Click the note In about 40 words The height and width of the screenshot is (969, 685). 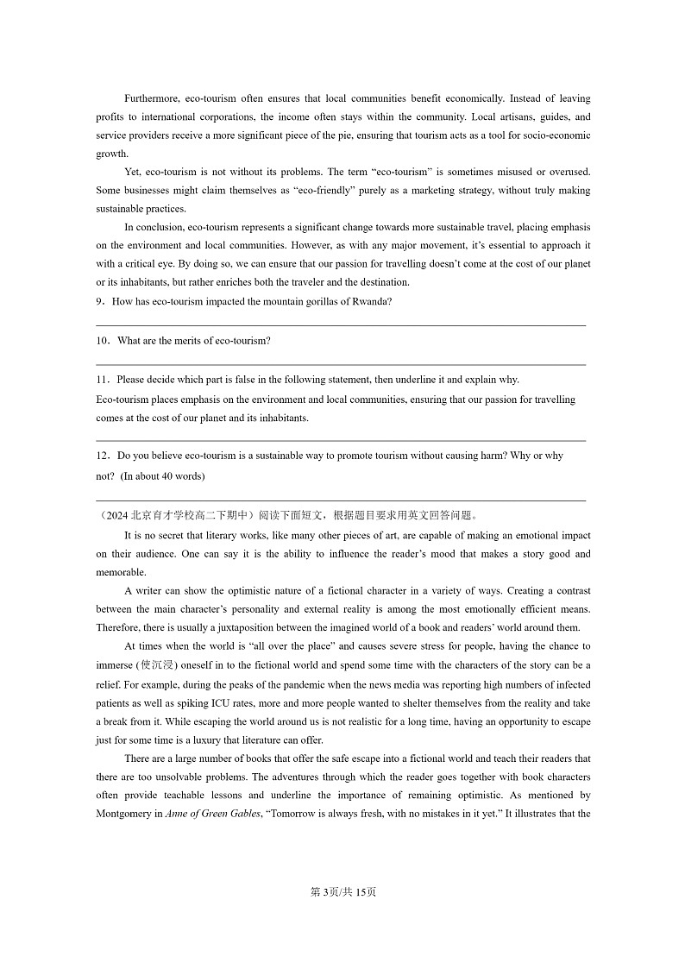pyautogui.click(x=162, y=475)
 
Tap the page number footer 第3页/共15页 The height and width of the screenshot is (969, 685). pyautogui.click(x=342, y=892)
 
